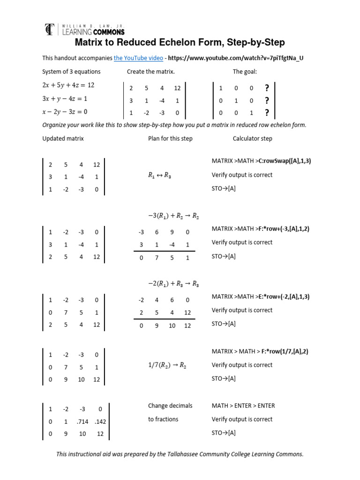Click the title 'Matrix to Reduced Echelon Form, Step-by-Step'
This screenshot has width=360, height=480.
(180, 43)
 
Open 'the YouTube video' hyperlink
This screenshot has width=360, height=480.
(138, 58)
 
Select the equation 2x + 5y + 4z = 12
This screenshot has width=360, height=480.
(68, 85)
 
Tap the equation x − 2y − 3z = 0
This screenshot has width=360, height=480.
(65, 112)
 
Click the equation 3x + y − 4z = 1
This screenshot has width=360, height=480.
(65, 99)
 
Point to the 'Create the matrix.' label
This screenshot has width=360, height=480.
(150, 72)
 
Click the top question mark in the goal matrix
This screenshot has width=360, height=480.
(267, 88)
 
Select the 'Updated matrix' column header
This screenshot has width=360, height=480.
(63, 139)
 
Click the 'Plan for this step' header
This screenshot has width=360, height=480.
(170, 139)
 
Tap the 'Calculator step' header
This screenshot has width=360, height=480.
(252, 139)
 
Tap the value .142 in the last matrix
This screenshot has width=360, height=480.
(99, 421)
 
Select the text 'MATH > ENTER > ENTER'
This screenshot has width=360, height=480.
(243, 406)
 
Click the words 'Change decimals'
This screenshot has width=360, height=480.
(170, 406)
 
